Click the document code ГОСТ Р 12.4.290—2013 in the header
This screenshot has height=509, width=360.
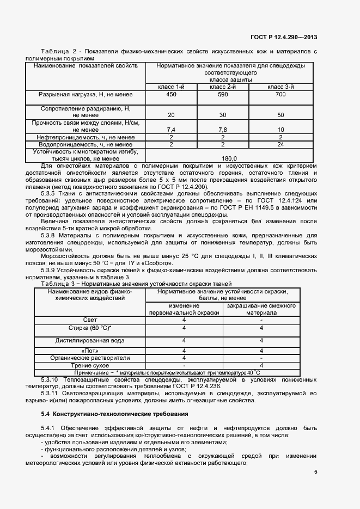[283, 38]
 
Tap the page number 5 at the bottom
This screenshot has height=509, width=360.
[315, 473]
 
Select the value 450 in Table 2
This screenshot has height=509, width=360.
[171, 95]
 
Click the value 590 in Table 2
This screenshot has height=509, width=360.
[223, 95]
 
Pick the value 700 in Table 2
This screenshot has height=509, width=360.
[280, 95]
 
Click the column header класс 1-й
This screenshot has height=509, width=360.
[171, 87]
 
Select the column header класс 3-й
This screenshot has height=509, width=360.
[280, 87]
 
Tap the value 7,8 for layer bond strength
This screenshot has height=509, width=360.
[223, 130]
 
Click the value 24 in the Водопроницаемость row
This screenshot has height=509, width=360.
[280, 144]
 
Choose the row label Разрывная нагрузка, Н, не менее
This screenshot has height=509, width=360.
[86, 95]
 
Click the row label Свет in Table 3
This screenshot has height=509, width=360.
[90, 320]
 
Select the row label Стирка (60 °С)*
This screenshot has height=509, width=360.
[90, 328]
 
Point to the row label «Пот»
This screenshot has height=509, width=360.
[90, 351]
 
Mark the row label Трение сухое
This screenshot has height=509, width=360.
[90, 365]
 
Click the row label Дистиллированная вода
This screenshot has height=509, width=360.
[90, 340]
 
